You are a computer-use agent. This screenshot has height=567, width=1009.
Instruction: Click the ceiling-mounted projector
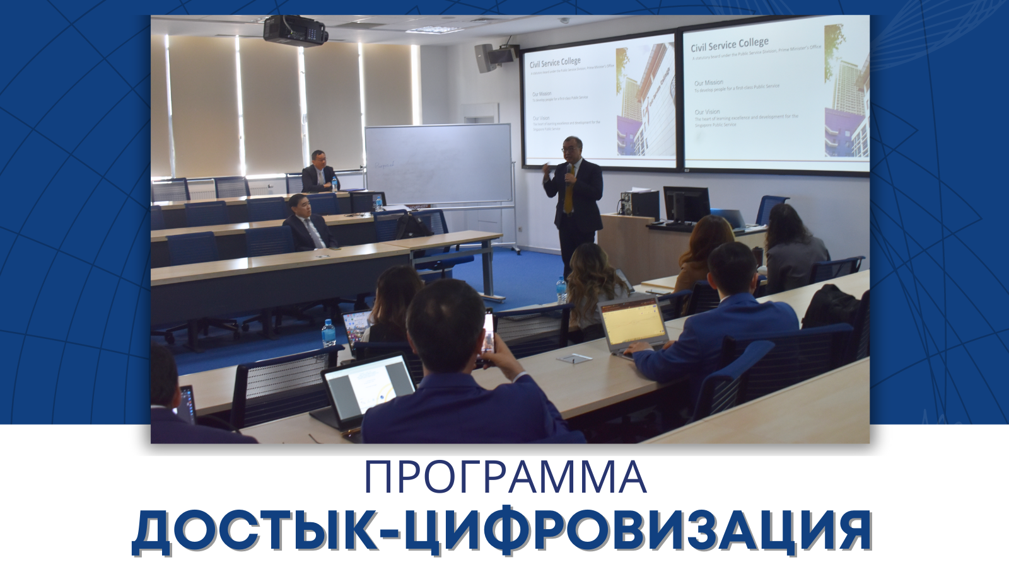coord(295,30)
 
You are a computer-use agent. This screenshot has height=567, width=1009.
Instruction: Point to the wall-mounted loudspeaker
coord(485,57)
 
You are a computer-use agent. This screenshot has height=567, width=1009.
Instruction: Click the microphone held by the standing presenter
coord(569,173)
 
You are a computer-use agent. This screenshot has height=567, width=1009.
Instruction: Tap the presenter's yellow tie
coord(569,195)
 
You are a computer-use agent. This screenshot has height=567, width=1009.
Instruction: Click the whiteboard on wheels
coord(438,163)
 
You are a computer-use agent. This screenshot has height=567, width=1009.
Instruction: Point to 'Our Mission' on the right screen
coord(709,83)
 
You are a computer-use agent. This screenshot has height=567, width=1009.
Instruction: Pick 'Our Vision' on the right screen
coord(707,112)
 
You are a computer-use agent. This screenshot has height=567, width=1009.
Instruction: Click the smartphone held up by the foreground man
coord(487,339)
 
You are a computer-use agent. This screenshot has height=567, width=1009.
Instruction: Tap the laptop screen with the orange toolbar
coord(633,321)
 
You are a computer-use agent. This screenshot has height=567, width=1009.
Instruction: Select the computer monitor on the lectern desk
coord(686,203)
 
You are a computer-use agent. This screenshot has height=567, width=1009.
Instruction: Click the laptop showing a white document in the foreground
coord(369,389)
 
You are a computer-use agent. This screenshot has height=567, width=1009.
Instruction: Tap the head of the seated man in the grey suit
coord(299,206)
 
